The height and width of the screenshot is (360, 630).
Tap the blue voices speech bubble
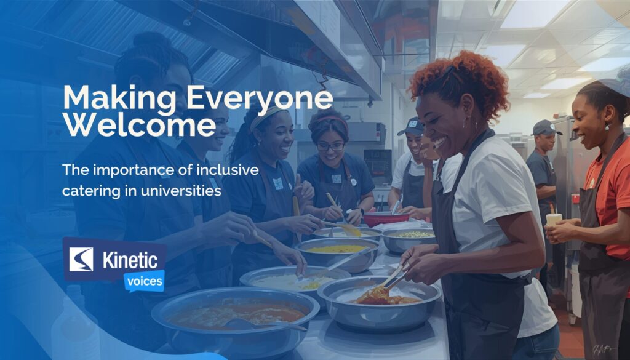point(143,281)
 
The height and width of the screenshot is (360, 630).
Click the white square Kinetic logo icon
point(81,259)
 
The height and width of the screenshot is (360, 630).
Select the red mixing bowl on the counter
point(385,218)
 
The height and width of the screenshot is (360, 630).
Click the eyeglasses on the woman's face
point(332,146)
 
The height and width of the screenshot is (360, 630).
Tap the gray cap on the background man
point(545,127)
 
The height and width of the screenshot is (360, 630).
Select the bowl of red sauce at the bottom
point(236,314)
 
